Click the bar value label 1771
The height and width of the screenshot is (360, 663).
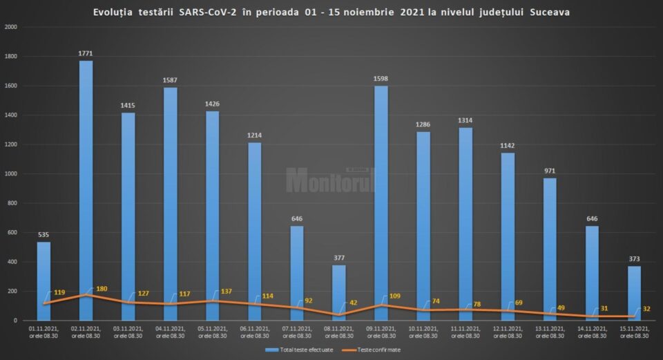(86, 53)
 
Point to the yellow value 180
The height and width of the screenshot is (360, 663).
(102, 289)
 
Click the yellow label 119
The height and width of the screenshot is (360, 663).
(59, 293)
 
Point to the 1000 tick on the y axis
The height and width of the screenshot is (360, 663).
(12, 173)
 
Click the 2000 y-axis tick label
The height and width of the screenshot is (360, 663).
(11, 27)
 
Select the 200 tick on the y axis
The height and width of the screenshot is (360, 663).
(14, 291)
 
